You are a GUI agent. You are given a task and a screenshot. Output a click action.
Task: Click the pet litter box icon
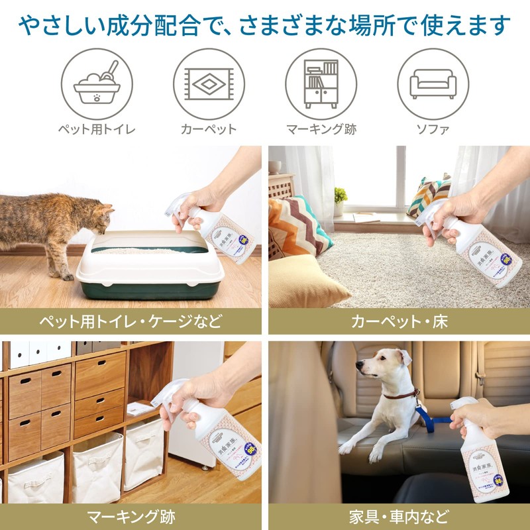97,83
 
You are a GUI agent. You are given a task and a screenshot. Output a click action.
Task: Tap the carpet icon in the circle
209,83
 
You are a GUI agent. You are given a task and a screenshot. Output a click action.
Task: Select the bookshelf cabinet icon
321,83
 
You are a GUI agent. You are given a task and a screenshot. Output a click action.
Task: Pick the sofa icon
433,83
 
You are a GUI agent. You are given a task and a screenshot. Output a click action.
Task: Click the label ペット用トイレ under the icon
97,129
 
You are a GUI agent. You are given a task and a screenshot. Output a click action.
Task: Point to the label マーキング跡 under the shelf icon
321,129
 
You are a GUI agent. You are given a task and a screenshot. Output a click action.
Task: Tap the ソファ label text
433,129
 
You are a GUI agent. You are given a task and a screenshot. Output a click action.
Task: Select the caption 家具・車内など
399,516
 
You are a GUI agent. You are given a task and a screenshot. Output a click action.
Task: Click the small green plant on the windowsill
341,196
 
